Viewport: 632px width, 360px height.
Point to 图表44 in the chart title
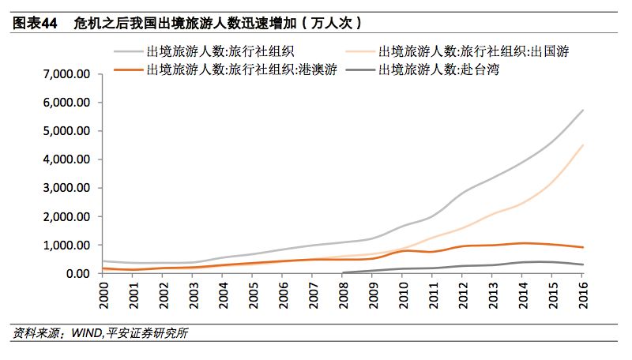(x=36, y=23)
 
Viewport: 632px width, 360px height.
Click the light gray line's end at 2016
(x=583, y=110)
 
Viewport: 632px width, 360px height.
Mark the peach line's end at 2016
(x=583, y=144)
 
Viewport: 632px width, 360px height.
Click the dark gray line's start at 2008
(x=344, y=272)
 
